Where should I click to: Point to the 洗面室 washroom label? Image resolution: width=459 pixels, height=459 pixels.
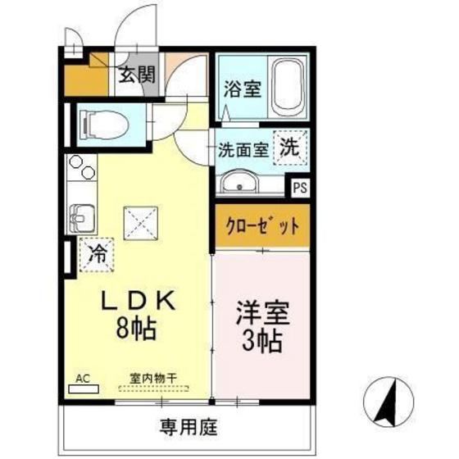coord(243,149)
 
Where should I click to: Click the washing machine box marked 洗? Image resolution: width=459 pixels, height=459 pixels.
coord(291,148)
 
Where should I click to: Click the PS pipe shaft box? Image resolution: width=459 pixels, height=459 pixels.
coord(301,186)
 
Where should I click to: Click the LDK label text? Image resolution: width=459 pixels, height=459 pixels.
coord(139,303)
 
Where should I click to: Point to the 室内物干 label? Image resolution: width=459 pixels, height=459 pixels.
coord(156,378)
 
